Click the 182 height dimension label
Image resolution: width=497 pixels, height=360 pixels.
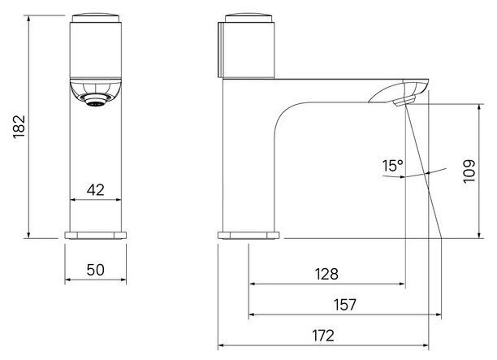pyautogui.click(x=19, y=127)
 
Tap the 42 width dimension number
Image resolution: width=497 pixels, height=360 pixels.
pyautogui.click(x=95, y=189)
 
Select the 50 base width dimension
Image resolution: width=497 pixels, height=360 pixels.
pyautogui.click(x=95, y=270)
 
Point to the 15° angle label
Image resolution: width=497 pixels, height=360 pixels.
pyautogui.click(x=393, y=166)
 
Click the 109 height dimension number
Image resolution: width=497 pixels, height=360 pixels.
pyautogui.click(x=469, y=171)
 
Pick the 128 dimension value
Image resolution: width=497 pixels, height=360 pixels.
pyautogui.click(x=326, y=274)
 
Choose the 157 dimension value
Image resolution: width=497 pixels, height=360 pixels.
pyautogui.click(x=345, y=305)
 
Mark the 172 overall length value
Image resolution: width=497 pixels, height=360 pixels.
pyautogui.click(x=323, y=336)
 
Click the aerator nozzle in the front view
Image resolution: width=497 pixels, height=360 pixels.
pyautogui.click(x=95, y=100)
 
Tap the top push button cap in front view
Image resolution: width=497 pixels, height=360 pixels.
pyautogui.click(x=95, y=18)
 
